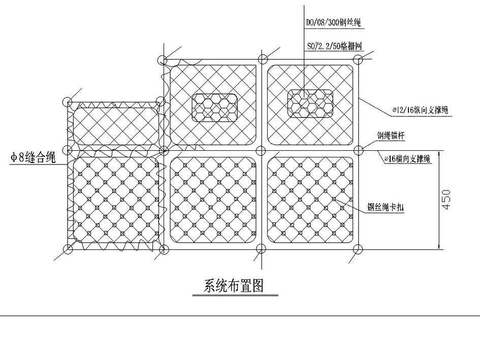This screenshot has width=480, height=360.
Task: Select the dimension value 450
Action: coord(446,200)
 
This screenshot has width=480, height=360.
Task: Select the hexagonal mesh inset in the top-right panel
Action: coord(310,104)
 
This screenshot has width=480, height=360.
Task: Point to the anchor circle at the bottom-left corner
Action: coord(68,248)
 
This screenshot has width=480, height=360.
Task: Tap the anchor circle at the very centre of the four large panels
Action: coord(261,150)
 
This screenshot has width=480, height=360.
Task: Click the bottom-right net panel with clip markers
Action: coord(310,199)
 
